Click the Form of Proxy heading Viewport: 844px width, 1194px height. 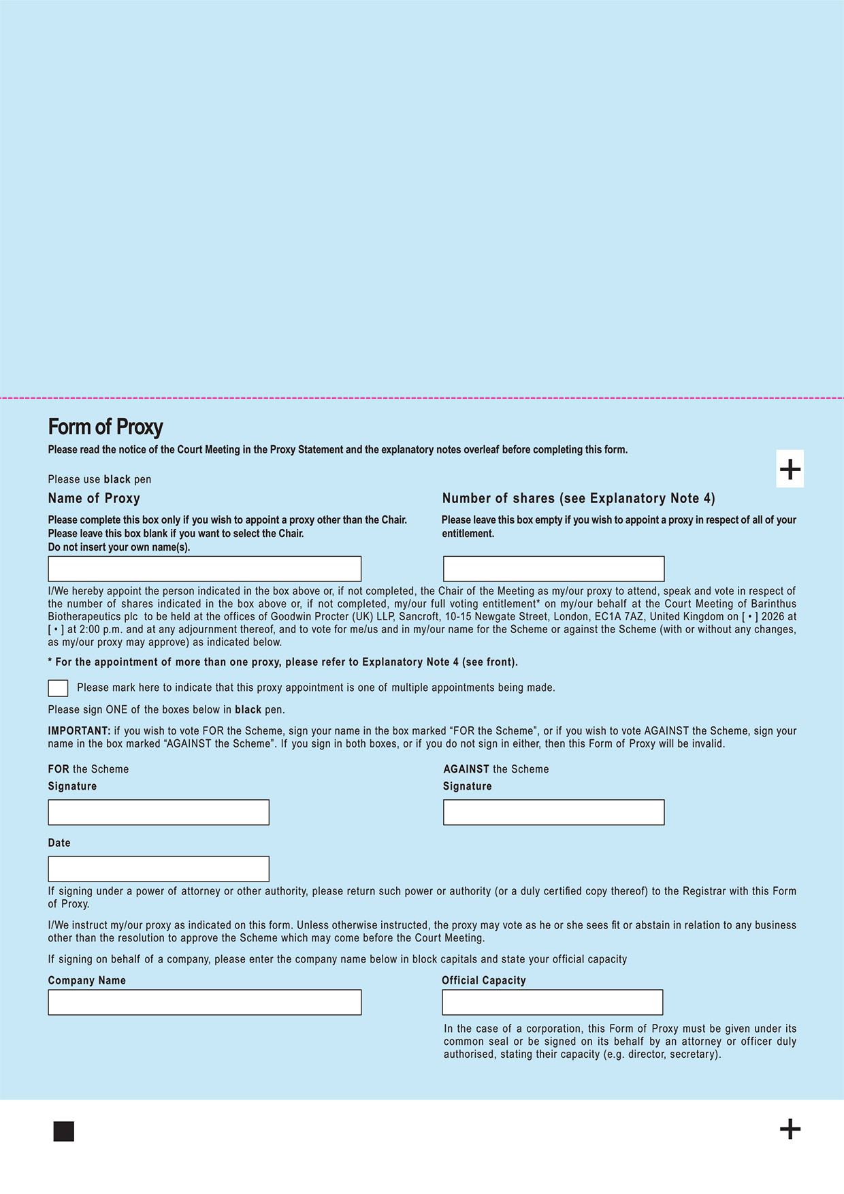tap(105, 427)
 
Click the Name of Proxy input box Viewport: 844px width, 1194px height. tap(204, 569)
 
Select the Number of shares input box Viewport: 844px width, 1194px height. tap(553, 569)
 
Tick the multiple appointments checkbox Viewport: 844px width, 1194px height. tap(58, 688)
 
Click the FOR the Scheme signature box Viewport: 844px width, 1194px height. tap(159, 812)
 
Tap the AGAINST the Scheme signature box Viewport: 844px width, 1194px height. tap(553, 812)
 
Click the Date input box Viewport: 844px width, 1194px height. tap(159, 869)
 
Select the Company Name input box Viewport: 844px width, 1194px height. tap(204, 1002)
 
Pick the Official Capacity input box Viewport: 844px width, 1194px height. tap(552, 1002)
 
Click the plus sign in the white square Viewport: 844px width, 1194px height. tap(790, 469)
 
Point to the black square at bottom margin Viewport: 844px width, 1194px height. tap(63, 1131)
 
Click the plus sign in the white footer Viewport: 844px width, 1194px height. tap(790, 1129)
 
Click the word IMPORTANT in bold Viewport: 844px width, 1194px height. tap(79, 731)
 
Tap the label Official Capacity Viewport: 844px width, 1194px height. tap(483, 980)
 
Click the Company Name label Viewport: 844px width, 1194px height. tap(86, 980)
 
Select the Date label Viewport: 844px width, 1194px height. tap(59, 843)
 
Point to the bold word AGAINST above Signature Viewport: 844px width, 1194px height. tap(466, 769)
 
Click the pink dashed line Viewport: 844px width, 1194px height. tap(422, 398)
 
